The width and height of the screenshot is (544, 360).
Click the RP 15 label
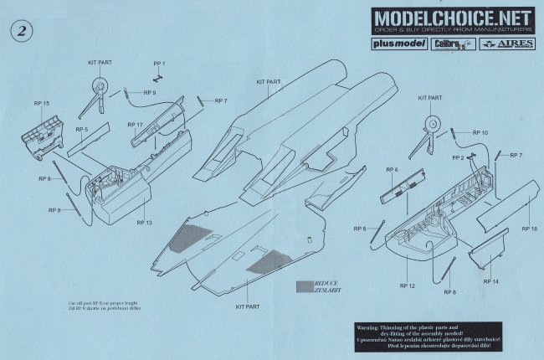coord(39,103)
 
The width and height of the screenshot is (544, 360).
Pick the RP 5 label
coord(81,130)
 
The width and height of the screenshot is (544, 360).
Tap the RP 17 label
coord(136,125)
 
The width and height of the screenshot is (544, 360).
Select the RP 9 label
coord(150,91)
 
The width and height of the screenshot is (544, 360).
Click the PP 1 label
coord(159,64)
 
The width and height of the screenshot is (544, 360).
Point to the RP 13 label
coord(143,224)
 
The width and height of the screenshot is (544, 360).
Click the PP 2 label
coord(458,157)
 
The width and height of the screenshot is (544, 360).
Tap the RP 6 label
coord(392,170)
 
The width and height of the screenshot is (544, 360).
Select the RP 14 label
coord(491,282)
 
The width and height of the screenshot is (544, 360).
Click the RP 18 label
coord(528,228)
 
